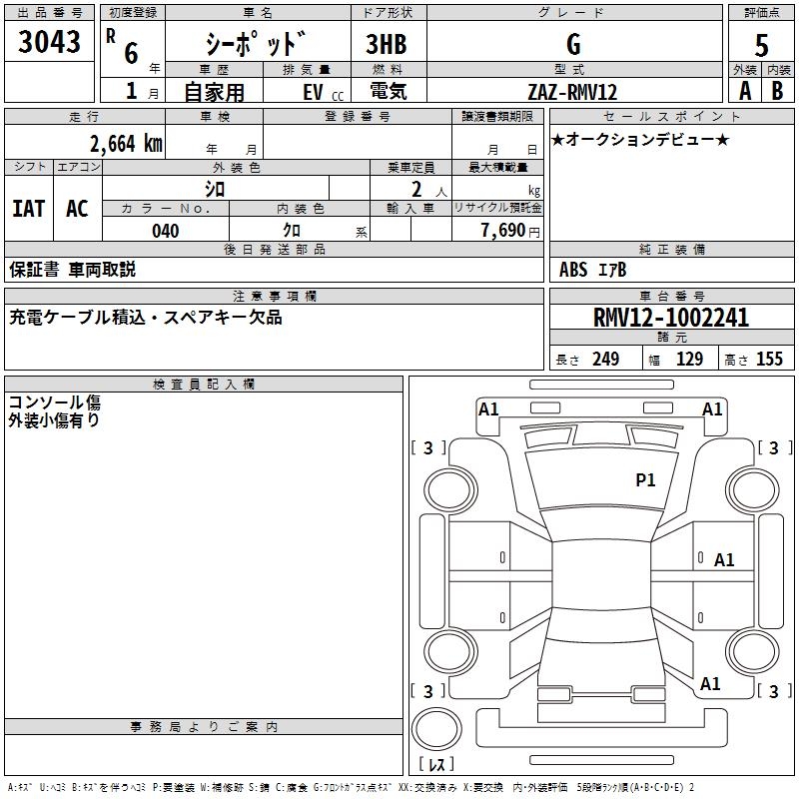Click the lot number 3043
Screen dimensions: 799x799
coord(49,43)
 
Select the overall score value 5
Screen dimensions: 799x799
coord(761,44)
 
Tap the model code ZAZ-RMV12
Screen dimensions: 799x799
coord(572,92)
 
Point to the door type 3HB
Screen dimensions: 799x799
coord(387,44)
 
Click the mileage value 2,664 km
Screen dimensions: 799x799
coord(126,144)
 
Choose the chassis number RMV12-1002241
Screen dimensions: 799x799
coord(670,319)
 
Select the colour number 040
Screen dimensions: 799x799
coord(165,231)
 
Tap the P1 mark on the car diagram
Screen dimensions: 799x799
coord(645,480)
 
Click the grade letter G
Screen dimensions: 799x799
coord(573,44)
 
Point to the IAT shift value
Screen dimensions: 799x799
coord(28,209)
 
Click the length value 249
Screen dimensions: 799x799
coord(605,360)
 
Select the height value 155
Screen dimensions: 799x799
coord(770,360)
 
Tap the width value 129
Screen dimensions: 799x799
coord(689,360)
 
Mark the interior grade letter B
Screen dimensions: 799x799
coord(777,91)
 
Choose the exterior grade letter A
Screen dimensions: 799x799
coord(745,91)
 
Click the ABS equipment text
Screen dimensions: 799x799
coord(573,269)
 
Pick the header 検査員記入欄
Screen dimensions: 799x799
coord(204,385)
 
